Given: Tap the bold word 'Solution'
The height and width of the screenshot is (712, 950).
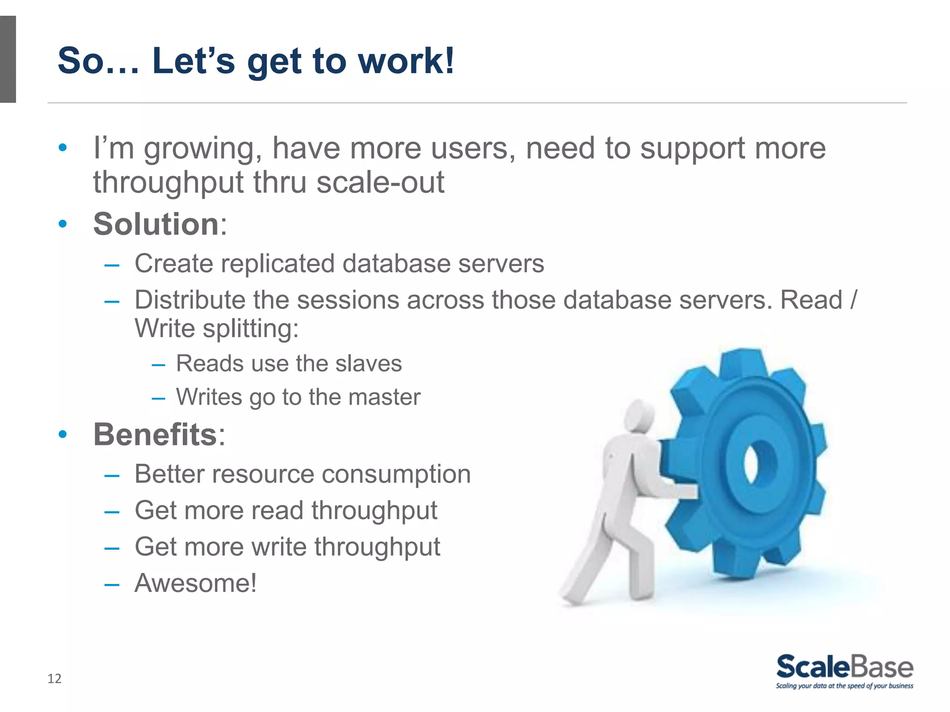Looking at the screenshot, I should [156, 224].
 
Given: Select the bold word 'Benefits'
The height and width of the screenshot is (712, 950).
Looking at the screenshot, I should [155, 434].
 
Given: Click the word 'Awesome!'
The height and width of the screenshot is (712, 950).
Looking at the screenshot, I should [195, 583].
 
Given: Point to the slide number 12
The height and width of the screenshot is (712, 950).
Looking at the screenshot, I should [54, 679].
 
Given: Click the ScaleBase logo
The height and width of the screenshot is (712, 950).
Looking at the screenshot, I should [844, 667].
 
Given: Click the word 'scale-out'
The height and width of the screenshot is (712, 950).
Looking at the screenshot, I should [380, 182].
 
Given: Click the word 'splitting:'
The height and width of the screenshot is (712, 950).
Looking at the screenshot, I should [250, 329].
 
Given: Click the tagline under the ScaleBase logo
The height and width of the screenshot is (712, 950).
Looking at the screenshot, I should [844, 686].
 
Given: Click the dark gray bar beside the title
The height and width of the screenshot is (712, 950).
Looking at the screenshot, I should [8, 59].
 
